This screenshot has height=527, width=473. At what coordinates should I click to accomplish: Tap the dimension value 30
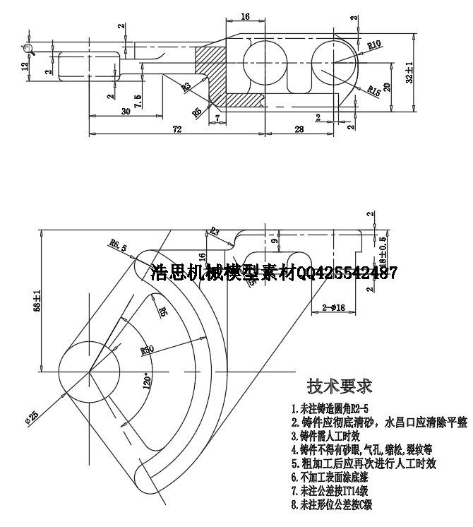tap(126, 111)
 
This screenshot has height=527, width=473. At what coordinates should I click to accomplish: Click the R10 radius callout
tap(375, 44)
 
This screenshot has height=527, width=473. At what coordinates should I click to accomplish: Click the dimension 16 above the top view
tap(245, 16)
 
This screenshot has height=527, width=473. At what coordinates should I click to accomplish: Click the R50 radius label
tap(148, 348)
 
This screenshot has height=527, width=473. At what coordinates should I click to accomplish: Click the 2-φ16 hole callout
tap(333, 308)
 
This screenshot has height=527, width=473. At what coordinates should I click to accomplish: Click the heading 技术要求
tap(339, 386)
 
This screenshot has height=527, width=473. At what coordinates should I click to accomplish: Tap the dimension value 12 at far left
tap(25, 66)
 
